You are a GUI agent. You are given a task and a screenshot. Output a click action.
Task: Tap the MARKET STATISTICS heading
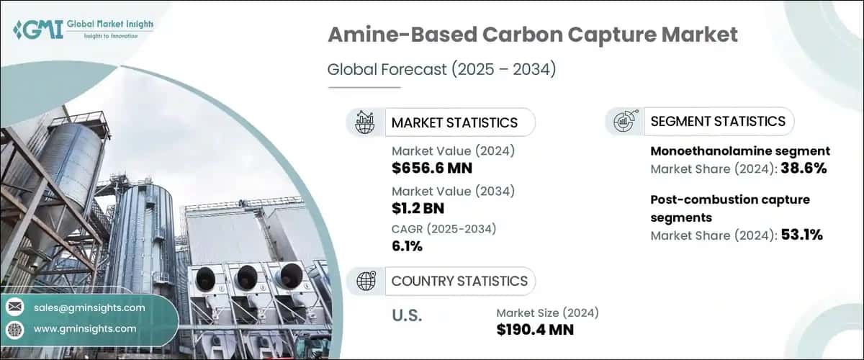[x=454, y=122]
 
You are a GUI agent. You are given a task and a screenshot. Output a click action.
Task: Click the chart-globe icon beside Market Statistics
[x=365, y=122]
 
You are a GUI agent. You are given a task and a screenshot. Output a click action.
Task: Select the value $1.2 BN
[x=419, y=210]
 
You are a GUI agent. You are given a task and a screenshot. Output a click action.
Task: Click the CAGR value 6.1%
[x=407, y=246]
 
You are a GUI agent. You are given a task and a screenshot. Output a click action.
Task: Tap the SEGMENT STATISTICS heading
[x=718, y=121]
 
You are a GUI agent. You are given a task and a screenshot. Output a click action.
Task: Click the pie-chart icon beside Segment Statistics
[x=624, y=122]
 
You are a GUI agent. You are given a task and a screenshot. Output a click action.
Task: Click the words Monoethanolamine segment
[x=740, y=151]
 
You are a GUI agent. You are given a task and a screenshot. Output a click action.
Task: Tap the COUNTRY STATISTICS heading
[x=459, y=281]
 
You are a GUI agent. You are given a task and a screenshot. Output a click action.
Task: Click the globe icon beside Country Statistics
[x=366, y=281]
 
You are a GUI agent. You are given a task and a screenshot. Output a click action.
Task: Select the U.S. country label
[x=407, y=315]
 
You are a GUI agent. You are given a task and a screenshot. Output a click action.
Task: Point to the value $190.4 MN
[x=535, y=330]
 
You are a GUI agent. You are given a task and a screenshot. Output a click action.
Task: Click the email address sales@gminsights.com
[x=89, y=307]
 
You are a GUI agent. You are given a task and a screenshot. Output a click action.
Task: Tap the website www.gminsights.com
[x=85, y=328]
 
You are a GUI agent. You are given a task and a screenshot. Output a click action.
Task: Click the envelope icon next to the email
[x=14, y=307]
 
